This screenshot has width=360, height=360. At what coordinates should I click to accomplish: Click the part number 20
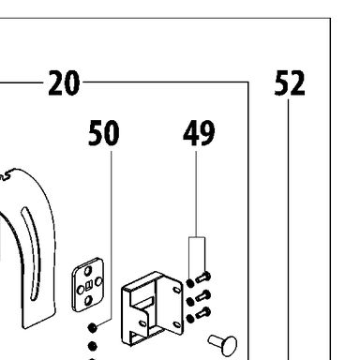click(x=64, y=82)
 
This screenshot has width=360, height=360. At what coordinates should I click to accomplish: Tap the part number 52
click(x=290, y=82)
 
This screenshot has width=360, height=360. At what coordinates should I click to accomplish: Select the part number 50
click(x=104, y=133)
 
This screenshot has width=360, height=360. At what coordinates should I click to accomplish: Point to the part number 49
click(x=199, y=133)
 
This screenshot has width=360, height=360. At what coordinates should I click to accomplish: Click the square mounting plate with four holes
click(x=88, y=285)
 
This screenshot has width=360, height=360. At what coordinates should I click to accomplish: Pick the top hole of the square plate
click(x=88, y=270)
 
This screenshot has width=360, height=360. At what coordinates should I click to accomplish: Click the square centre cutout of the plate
click(x=88, y=285)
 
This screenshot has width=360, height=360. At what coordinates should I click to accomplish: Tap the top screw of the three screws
click(x=203, y=277)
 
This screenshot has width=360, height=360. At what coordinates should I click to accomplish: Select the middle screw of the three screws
click(x=203, y=295)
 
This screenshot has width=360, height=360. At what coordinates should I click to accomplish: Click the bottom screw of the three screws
click(x=203, y=313)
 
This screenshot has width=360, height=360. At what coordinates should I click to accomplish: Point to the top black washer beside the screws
click(x=190, y=283)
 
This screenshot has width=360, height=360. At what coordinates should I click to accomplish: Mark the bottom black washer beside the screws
click(x=190, y=319)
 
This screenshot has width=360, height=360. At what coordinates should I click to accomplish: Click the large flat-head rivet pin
click(x=223, y=344)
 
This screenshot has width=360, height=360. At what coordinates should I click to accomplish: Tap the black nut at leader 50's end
click(x=92, y=327)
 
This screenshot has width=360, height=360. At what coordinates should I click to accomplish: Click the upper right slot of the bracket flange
click(x=176, y=290)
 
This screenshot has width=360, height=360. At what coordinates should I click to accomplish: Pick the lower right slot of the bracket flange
click(x=176, y=324)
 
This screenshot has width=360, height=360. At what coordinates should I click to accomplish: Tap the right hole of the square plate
click(x=98, y=282)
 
